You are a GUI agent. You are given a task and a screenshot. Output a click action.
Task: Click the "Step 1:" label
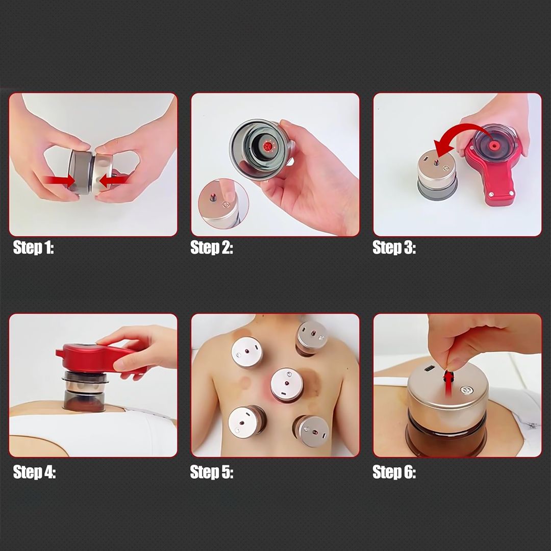tap(33, 248)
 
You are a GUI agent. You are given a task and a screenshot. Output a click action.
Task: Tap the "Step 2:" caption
tap(212, 248)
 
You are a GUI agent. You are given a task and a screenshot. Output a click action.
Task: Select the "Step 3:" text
tap(394, 248)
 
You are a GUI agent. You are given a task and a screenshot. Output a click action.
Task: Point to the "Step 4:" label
tap(34, 472)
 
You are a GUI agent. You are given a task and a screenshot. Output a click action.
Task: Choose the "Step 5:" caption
tap(212, 472)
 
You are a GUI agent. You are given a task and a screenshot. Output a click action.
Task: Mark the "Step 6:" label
tap(394, 472)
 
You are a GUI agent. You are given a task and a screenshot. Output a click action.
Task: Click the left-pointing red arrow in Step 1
tap(113, 181)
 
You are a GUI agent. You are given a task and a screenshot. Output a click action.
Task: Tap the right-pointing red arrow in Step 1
tap(60, 181)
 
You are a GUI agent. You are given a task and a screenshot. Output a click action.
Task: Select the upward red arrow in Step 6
tap(448, 384)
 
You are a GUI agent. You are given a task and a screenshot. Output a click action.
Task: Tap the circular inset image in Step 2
tap(223, 204)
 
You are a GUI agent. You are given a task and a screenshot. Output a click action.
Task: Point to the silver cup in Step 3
tap(437, 174)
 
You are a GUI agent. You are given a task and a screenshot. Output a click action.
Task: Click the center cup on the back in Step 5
tap(287, 385)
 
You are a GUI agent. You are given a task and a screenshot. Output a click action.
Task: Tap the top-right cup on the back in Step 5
tap(311, 338)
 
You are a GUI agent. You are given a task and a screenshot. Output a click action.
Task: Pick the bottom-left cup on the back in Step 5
tap(246, 421)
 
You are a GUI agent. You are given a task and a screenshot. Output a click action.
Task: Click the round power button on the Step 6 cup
tap(467, 390)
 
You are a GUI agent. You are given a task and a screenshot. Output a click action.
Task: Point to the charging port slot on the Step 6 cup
tap(429, 369)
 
